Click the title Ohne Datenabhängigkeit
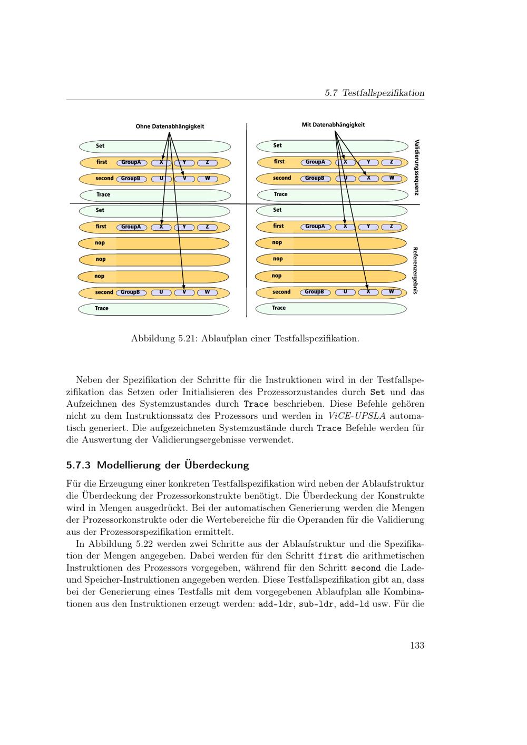point(170,126)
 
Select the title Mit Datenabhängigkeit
point(333,125)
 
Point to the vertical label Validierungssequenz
point(416,167)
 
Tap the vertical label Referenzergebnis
point(415,270)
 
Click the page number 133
point(417,645)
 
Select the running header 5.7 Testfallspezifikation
point(374,93)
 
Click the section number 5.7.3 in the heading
point(79,465)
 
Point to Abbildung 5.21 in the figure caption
point(164,338)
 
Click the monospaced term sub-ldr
point(316,604)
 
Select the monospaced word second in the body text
point(365,568)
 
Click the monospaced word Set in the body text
point(377,392)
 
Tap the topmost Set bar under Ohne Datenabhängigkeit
point(155,146)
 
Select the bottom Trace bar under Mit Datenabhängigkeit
point(331,308)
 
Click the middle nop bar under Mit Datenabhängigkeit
point(331,259)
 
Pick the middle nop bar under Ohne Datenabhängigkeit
point(154,260)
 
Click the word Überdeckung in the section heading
point(216,465)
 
